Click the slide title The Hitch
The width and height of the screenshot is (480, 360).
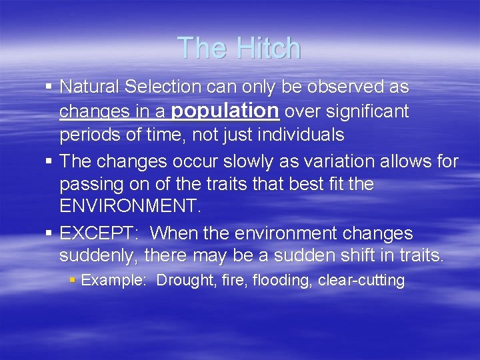239,48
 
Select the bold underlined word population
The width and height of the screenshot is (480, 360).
225,110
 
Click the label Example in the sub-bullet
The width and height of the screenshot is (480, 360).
113,280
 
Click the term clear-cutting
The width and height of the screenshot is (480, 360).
361,280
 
